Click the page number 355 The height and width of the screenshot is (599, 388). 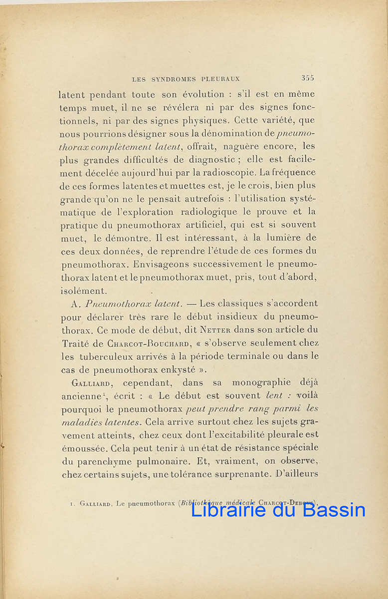tap(307, 78)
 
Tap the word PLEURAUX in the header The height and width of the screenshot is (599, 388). tap(221, 79)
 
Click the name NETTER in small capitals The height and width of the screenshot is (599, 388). tap(216, 330)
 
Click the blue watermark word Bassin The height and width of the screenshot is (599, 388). tap(334, 510)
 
